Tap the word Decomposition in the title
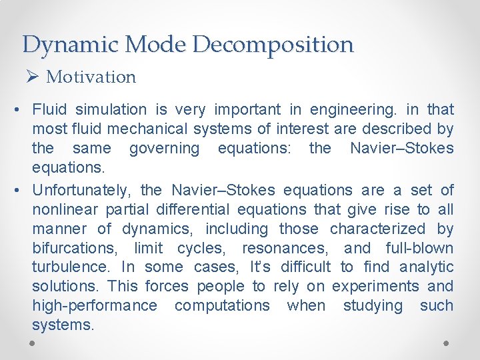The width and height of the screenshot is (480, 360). [273, 45]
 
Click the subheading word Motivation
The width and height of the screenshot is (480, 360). [91, 77]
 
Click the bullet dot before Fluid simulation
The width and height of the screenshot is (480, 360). [22, 109]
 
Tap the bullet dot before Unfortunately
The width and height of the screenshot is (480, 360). [22, 191]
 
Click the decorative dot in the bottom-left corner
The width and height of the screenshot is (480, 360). [33, 343]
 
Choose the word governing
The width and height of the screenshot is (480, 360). [164, 148]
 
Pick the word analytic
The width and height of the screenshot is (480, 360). [427, 268]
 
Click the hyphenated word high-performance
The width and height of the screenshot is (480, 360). [95, 306]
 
